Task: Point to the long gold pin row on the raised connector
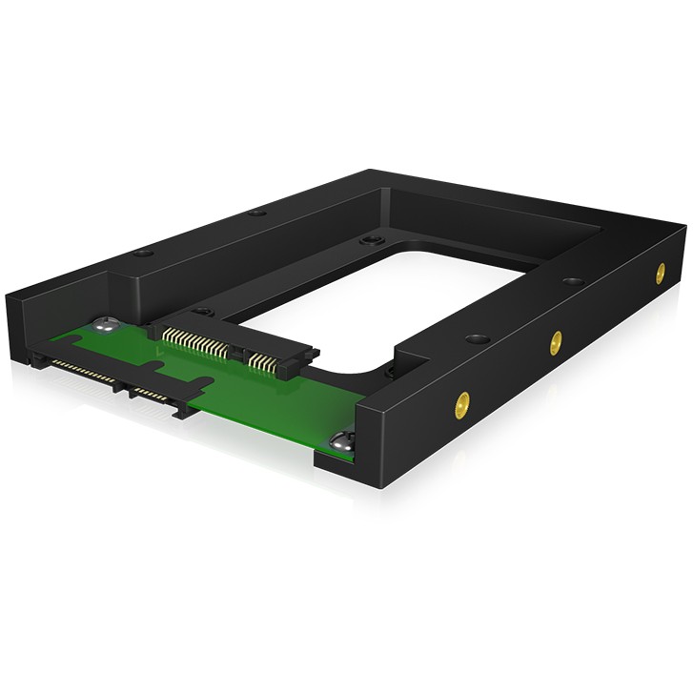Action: point(195,339)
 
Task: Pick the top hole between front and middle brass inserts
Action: point(473,336)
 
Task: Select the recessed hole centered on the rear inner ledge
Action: point(366,242)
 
